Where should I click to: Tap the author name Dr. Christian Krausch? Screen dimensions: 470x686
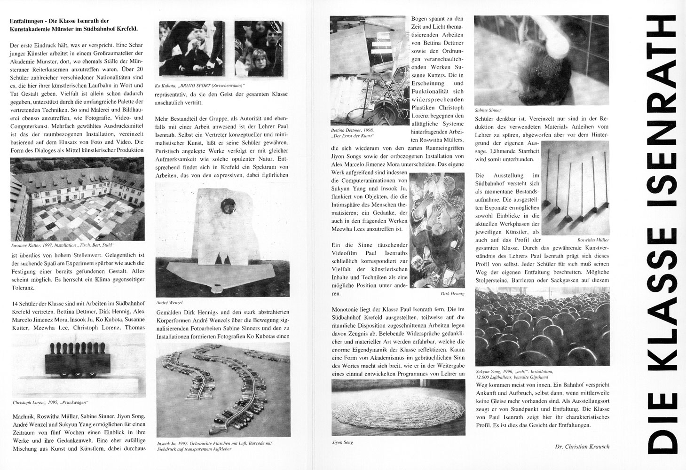click(582, 446)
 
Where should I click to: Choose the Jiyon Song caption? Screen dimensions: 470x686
click(342, 442)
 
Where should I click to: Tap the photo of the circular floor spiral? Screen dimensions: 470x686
click(398, 408)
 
